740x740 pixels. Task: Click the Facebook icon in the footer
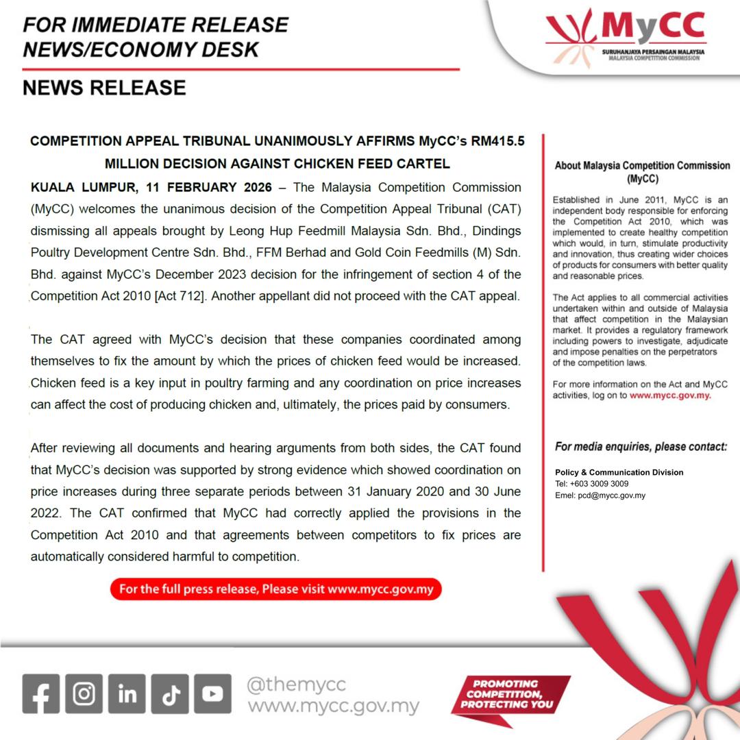(41, 693)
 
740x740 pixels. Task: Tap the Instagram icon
(84, 693)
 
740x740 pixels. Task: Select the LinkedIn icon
(127, 693)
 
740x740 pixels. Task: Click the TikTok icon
(170, 693)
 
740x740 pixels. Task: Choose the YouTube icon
(212, 693)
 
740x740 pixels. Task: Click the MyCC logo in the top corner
(626, 37)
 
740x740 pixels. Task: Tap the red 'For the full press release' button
(276, 589)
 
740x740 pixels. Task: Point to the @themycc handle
(297, 684)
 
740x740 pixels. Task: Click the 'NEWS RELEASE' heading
(104, 88)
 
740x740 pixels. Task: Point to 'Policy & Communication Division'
(619, 472)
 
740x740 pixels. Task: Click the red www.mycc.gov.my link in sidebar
(669, 395)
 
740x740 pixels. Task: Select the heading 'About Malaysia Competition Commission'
(641, 166)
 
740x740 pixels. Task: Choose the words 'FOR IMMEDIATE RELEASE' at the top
(156, 25)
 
